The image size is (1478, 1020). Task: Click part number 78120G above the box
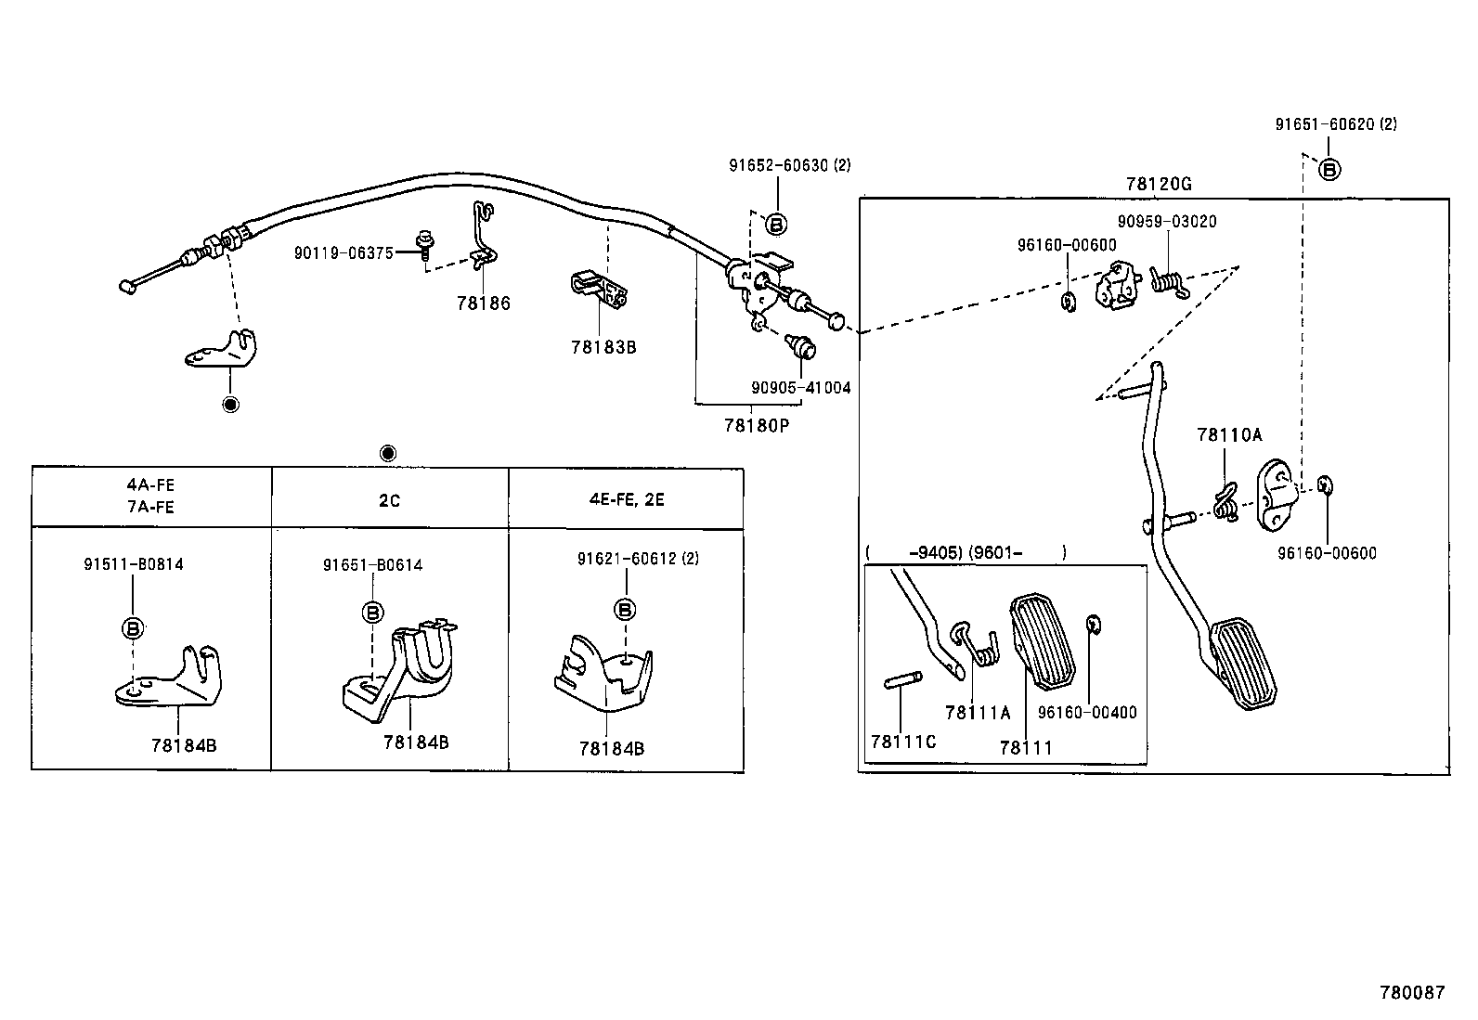click(1158, 184)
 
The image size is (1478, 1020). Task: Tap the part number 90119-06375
click(344, 252)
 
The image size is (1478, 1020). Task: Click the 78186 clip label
click(483, 303)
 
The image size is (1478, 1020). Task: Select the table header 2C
click(389, 500)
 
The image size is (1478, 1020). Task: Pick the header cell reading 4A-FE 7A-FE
click(150, 497)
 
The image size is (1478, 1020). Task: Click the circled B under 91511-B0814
click(133, 628)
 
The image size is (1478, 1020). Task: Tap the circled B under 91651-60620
click(1329, 169)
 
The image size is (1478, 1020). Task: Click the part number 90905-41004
click(800, 388)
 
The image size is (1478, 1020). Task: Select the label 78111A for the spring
click(977, 713)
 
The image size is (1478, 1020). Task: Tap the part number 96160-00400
click(1086, 713)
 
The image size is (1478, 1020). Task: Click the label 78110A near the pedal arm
click(1228, 434)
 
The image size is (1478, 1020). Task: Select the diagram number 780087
click(1412, 992)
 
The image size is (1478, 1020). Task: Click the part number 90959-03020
click(1166, 222)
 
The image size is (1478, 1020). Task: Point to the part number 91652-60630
click(776, 165)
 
